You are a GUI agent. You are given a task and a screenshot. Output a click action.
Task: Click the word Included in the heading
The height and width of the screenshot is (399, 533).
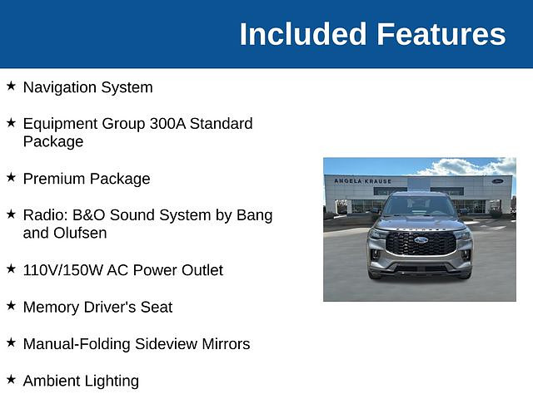pos(303,34)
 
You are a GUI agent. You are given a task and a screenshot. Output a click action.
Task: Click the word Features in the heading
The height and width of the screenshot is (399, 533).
pos(441,34)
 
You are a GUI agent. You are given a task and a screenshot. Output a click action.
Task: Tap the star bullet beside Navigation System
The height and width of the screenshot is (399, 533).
pos(11,86)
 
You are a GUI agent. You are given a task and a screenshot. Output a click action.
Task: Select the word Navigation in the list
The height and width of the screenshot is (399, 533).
pos(60,88)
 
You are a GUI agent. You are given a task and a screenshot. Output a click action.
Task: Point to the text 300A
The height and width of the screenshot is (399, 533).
pos(167,124)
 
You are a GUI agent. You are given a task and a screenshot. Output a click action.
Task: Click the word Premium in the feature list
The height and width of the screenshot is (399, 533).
pos(54,179)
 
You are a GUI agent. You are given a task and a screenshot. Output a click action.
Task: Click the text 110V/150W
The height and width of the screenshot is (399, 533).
pos(63,270)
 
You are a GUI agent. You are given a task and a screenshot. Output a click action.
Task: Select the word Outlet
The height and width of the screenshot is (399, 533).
pos(202,270)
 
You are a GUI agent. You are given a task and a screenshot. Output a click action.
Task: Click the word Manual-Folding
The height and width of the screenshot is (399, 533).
pos(77,344)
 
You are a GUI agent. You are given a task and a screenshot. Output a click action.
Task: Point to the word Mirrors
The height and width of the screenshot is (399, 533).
pos(226,344)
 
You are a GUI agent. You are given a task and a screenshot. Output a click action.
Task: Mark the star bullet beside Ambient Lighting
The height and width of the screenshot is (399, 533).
pos(11,379)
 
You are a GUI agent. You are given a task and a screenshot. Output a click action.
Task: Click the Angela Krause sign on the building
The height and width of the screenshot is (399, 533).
pos(363,181)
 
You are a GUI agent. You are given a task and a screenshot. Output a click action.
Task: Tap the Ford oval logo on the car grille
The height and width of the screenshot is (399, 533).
pos(421,240)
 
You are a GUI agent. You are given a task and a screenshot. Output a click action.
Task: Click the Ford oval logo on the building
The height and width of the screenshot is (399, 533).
pos(497,181)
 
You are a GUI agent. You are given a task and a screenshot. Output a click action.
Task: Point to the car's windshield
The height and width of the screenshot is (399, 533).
pos(419,205)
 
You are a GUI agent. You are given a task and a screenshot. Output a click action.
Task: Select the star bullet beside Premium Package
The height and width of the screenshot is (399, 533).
pos(11,177)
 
